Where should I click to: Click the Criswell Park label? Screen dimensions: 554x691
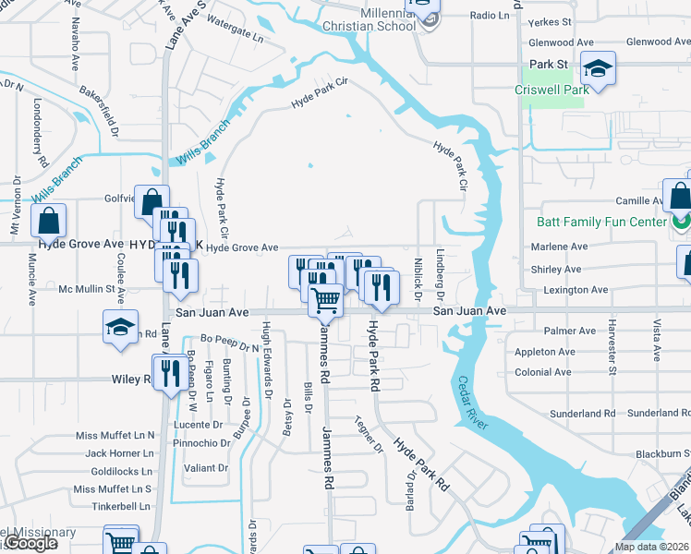click(552, 90)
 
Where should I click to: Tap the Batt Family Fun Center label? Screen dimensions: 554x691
click(601, 222)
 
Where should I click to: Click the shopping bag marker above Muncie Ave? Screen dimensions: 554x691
click(48, 221)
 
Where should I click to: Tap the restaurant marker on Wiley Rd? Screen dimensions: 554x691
click(166, 372)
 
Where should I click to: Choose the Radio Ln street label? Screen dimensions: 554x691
click(489, 16)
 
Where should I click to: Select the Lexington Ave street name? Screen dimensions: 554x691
click(574, 290)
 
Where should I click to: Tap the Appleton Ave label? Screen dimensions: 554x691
click(544, 352)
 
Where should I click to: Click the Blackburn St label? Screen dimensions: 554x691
click(662, 453)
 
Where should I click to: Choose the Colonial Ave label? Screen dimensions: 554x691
click(542, 372)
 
